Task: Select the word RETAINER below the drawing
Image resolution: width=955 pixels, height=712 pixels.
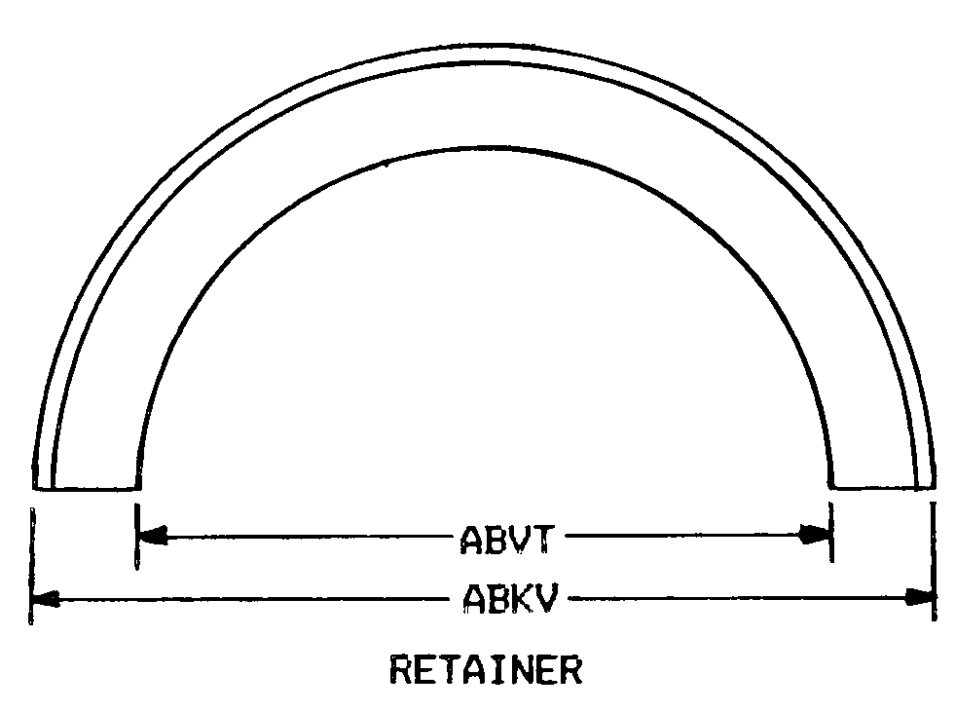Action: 485,670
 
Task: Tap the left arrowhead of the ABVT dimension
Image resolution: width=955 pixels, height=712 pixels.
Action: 154,534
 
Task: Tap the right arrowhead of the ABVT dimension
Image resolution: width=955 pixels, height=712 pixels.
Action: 814,534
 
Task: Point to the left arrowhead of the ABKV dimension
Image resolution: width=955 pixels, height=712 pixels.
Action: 47,597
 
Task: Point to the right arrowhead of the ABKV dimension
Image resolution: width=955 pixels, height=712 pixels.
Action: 919,597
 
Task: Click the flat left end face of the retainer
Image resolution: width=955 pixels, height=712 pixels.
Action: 87,488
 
